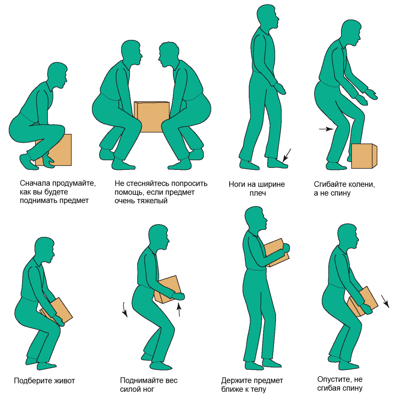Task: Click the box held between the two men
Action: (x=151, y=117)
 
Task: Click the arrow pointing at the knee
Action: (x=326, y=129)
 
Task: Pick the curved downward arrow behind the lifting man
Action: (x=125, y=310)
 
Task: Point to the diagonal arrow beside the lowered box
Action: (x=385, y=301)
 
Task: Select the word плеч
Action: (x=258, y=193)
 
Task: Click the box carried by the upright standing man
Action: (x=277, y=253)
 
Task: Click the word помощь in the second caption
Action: (x=130, y=192)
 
